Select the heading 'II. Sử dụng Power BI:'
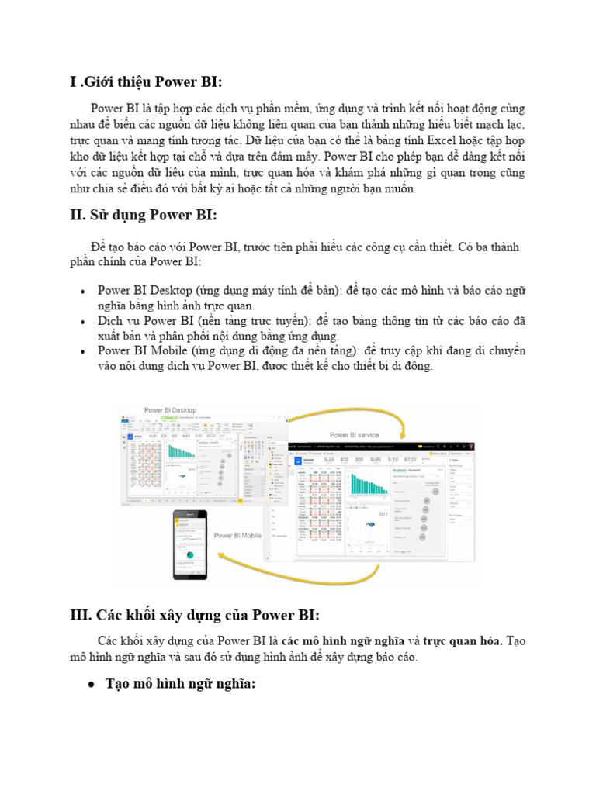coord(144,215)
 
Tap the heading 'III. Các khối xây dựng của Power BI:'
coord(194,615)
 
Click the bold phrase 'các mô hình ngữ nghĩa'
coord(343,641)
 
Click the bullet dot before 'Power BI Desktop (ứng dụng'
coord(83,291)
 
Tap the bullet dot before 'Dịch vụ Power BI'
coord(83,320)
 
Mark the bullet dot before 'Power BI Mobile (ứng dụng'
coord(83,351)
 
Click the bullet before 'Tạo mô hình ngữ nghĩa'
coord(91,684)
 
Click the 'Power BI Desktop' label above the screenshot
coord(170,410)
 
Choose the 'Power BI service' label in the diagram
coord(354,435)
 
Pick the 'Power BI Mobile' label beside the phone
coord(237,535)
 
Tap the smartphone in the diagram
coord(190,544)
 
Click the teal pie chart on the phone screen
coord(189,555)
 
